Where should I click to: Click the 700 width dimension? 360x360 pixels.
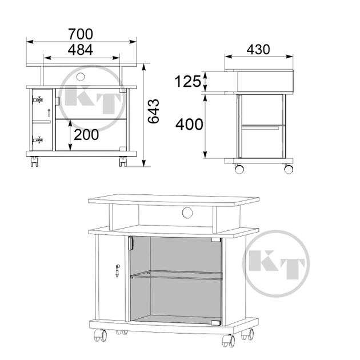81,34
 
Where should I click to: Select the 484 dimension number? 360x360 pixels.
81,50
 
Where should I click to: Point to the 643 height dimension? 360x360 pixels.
153,111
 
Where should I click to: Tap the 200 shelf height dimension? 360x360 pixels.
86,135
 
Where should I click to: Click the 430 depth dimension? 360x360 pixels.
258,49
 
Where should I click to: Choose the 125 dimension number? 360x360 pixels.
188,81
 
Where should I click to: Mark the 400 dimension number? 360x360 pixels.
189,125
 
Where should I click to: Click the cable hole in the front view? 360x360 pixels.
81,77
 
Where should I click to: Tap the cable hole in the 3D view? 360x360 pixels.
187,213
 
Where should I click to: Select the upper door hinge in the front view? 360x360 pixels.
38,100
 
